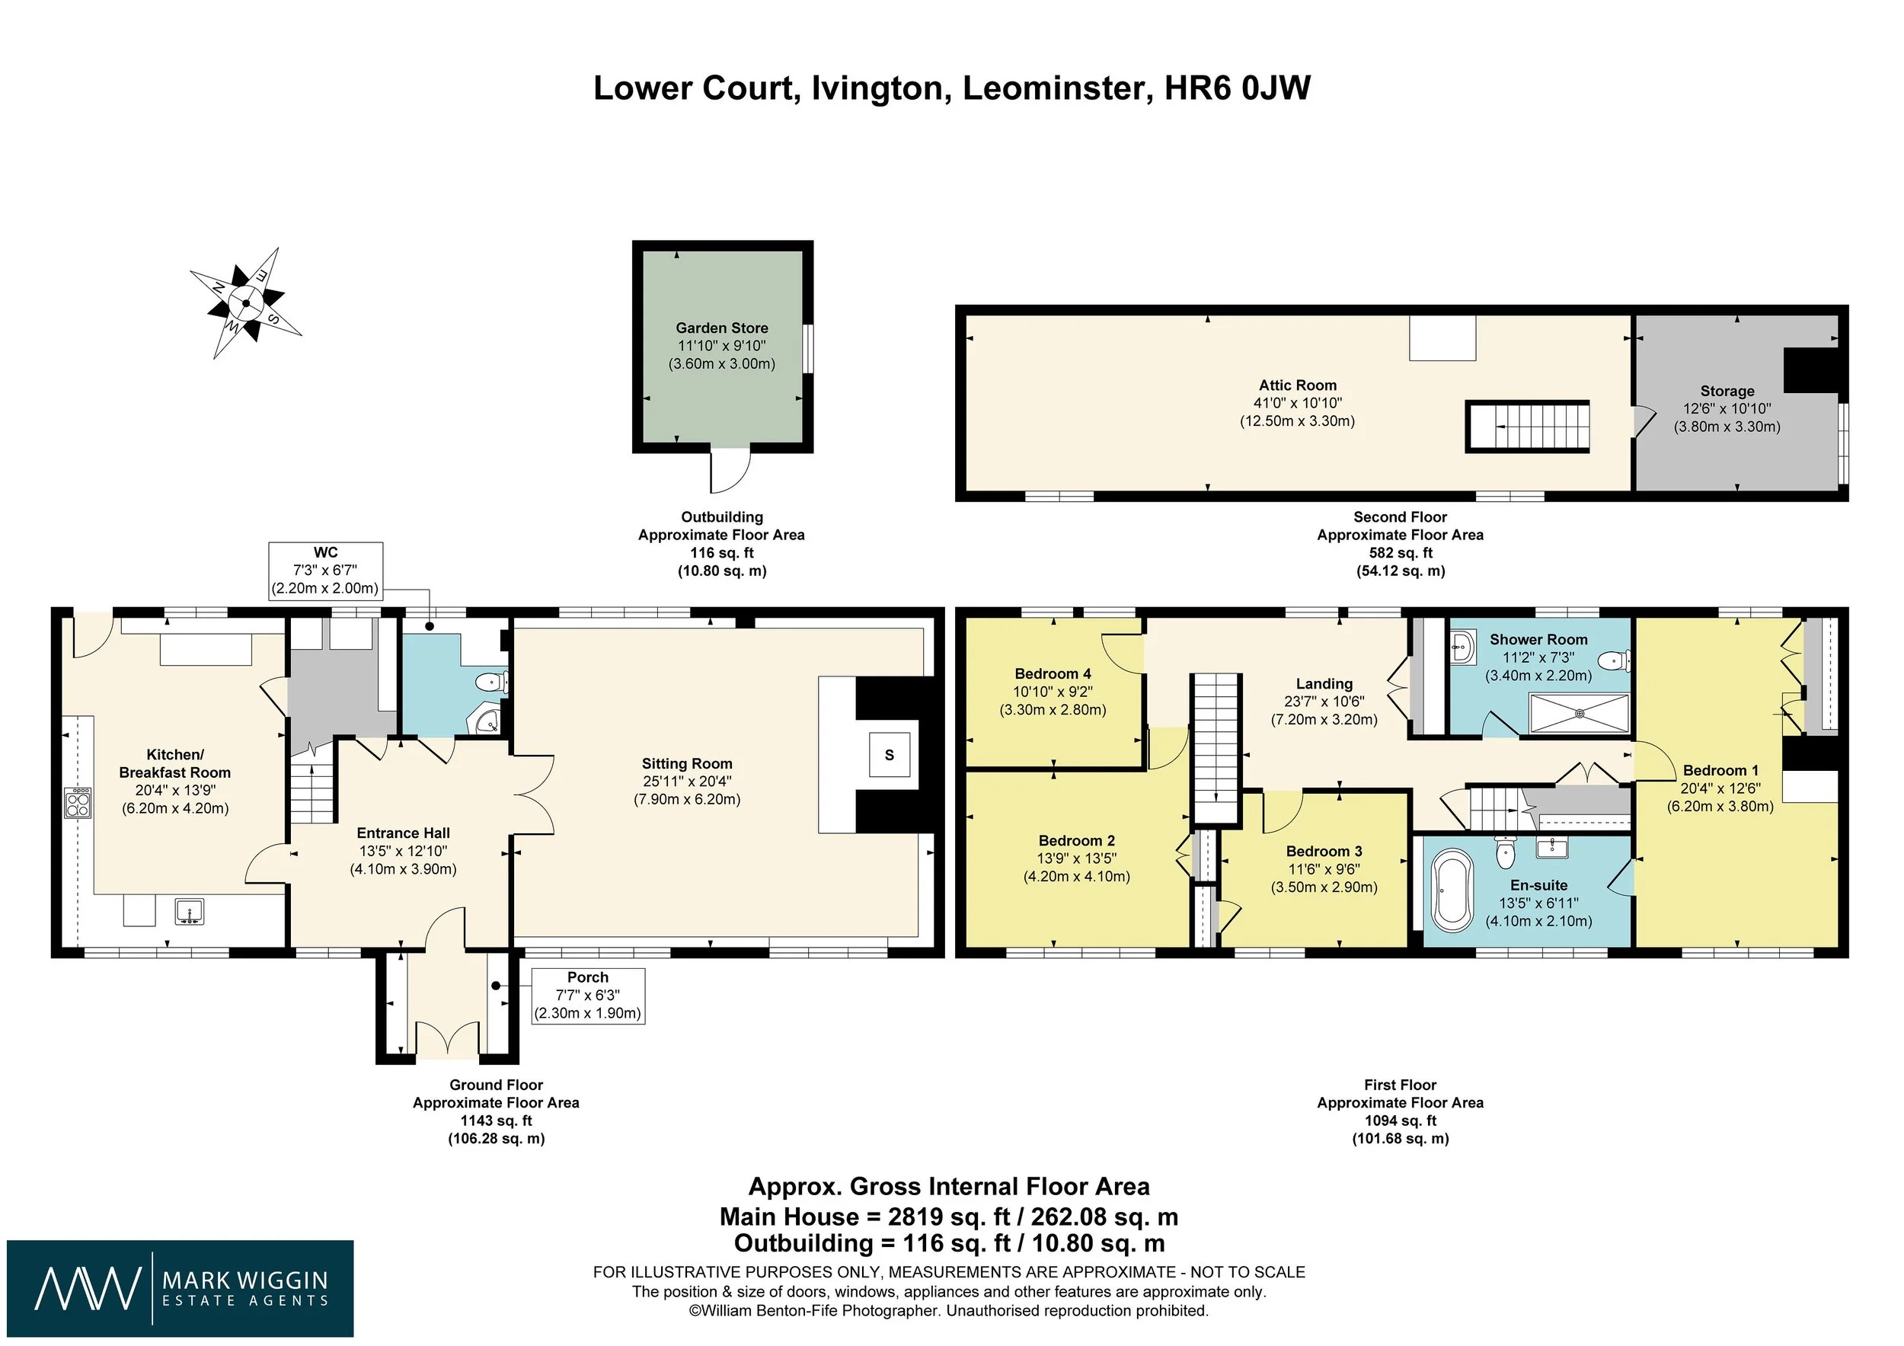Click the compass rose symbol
(246, 303)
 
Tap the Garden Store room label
(721, 328)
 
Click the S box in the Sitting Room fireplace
(889, 755)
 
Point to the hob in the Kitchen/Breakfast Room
(77, 802)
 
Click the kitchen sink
(189, 912)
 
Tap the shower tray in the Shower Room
(1579, 713)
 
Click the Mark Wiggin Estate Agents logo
(180, 1288)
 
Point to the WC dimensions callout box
(325, 571)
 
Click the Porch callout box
(587, 995)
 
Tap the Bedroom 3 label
(1324, 852)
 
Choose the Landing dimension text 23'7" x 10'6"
(1324, 702)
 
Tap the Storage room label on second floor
(1727, 391)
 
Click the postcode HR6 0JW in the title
(1238, 88)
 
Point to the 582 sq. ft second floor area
(1400, 553)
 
